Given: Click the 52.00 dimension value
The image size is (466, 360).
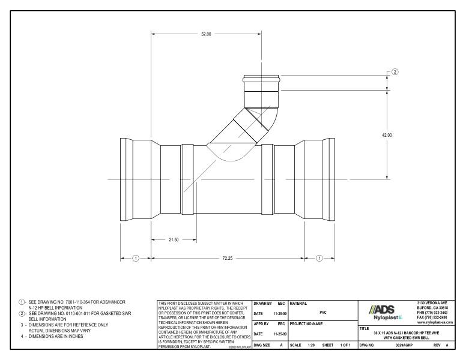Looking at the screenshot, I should [x=205, y=34].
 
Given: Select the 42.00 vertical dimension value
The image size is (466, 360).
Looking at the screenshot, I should [x=387, y=135].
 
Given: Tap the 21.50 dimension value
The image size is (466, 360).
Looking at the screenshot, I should [x=174, y=239].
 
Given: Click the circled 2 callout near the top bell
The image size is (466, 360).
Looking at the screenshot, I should [x=395, y=72].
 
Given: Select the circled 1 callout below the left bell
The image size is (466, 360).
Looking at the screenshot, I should [x=136, y=258].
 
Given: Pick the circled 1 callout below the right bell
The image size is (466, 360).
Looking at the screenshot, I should [x=319, y=258].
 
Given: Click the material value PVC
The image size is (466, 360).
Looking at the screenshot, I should [x=323, y=312].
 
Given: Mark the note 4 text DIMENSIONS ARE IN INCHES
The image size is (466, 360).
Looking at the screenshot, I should [x=54, y=336].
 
